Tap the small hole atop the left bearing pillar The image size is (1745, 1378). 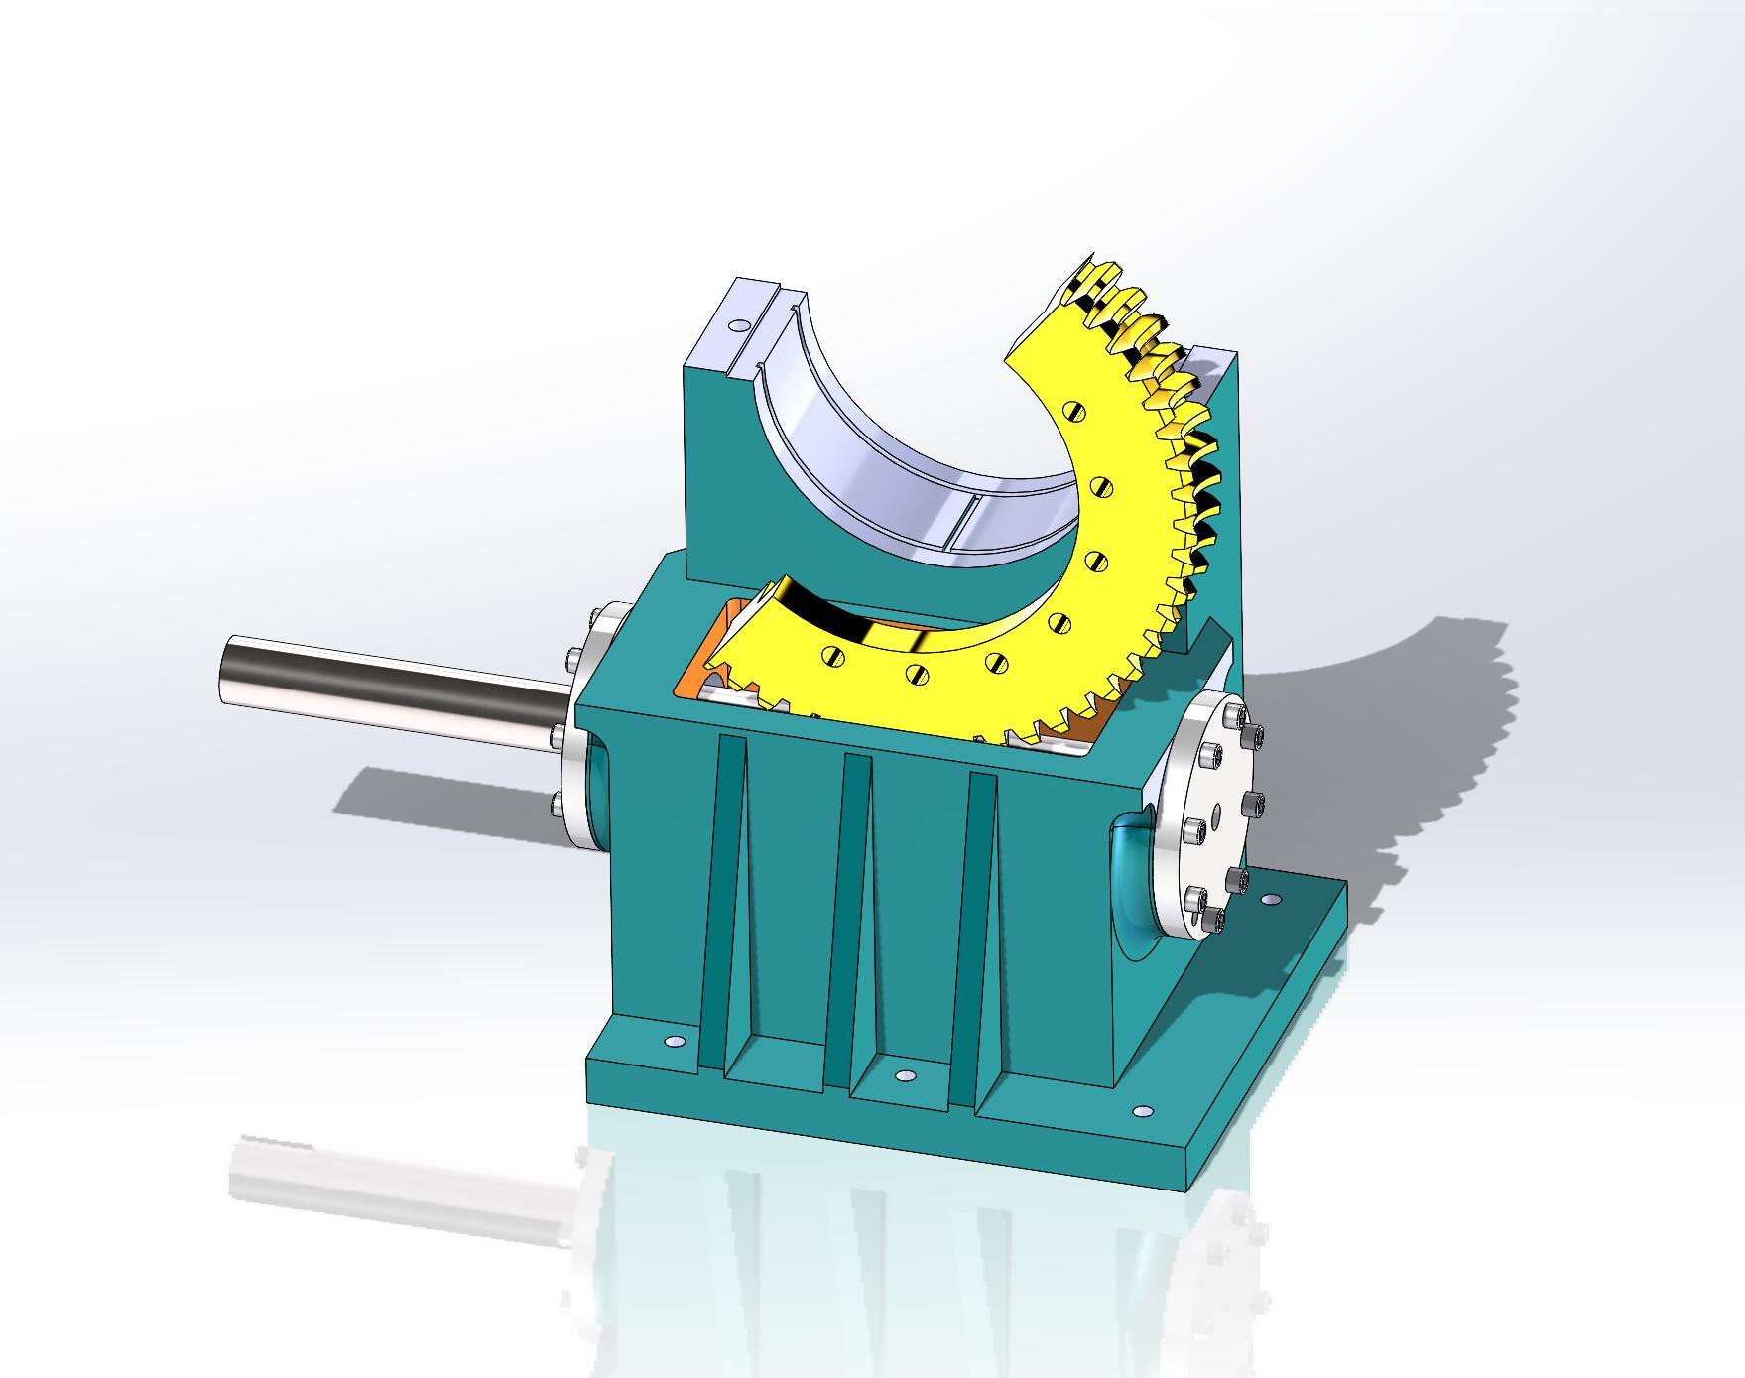pos(735,324)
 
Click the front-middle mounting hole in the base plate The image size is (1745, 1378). pos(903,1075)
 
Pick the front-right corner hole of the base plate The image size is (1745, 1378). pos(1142,1111)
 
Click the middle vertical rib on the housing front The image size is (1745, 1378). pos(856,893)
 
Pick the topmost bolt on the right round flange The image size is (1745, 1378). pos(1233,714)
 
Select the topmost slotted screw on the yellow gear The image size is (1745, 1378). pos(1075,409)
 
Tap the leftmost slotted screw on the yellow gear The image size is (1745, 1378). pos(832,654)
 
